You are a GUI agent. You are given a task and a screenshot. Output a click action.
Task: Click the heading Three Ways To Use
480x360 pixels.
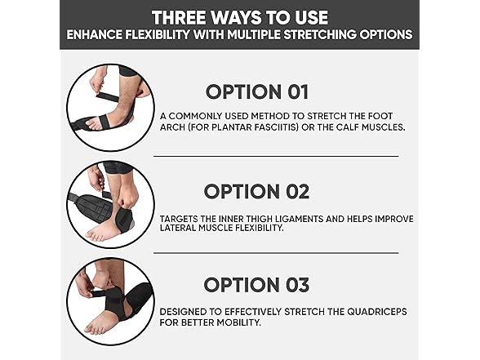[239, 16]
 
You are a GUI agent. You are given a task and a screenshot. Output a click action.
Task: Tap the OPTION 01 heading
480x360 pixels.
[256, 91]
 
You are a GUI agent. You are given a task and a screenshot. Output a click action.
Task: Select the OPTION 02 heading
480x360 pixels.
[256, 192]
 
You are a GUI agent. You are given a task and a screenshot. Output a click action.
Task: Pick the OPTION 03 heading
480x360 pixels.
[256, 285]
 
